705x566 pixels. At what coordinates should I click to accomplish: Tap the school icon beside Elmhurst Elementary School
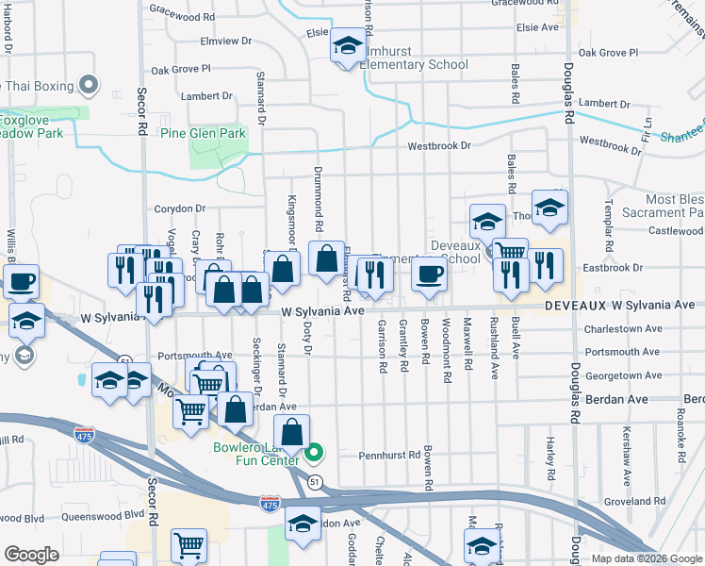348,45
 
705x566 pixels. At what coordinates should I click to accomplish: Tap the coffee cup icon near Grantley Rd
429,275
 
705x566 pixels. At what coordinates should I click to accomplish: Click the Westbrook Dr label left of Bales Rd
438,146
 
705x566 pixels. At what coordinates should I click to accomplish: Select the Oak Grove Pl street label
181,70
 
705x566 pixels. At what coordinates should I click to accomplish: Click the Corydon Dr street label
179,208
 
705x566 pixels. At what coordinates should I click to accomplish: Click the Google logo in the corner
31,555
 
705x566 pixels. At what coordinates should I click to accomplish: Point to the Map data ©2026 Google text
646,558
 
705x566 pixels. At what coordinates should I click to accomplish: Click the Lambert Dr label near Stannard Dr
206,96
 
